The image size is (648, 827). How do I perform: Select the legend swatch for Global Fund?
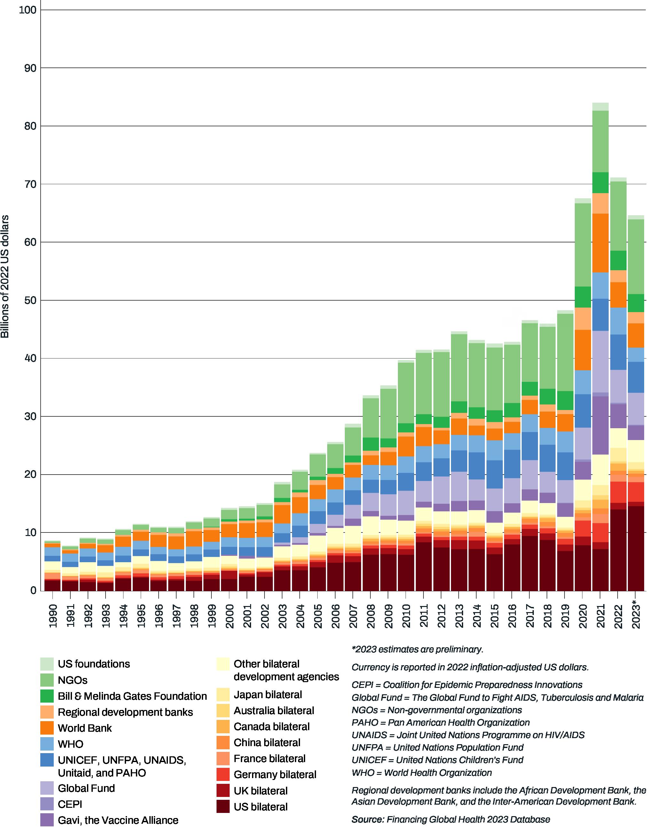pyautogui.click(x=47, y=788)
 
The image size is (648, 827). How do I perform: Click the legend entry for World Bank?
pyautogui.click(x=85, y=728)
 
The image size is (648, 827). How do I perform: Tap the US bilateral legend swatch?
pyautogui.click(x=223, y=807)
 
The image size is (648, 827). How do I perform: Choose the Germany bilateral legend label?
pyautogui.click(x=275, y=775)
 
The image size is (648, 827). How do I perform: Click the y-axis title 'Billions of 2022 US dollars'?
pyautogui.click(x=5, y=276)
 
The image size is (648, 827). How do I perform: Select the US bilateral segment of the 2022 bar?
pyautogui.click(x=618, y=550)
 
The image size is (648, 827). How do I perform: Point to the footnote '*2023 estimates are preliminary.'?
pyautogui.click(x=417, y=650)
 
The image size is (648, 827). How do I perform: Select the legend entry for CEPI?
pyautogui.click(x=70, y=804)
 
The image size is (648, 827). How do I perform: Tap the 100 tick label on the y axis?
pyautogui.click(x=27, y=10)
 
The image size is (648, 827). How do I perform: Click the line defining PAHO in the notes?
pyautogui.click(x=440, y=722)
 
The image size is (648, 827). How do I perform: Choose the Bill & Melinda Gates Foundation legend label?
pyautogui.click(x=132, y=696)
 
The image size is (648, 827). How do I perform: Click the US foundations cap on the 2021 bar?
pyautogui.click(x=601, y=106)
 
